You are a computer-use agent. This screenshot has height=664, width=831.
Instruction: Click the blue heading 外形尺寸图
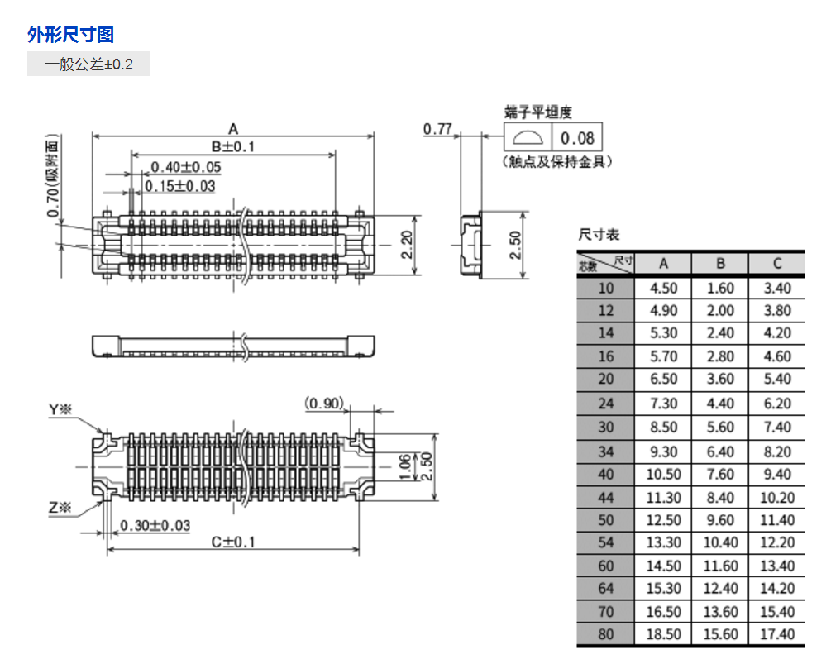[70, 34]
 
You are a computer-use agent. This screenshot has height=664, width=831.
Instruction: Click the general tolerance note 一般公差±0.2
[88, 64]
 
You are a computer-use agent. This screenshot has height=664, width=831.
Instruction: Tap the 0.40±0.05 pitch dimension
[186, 168]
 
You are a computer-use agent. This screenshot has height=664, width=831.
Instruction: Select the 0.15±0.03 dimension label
[180, 186]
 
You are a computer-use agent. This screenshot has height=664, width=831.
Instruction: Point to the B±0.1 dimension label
[233, 146]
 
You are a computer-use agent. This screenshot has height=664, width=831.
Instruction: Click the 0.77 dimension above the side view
[437, 128]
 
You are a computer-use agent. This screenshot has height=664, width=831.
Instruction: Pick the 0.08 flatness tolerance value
[577, 137]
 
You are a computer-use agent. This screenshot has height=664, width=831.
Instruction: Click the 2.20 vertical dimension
[407, 245]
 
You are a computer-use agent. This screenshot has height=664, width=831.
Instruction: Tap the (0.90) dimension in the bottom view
[324, 403]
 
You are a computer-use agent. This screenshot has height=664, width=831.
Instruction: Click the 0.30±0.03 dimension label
[155, 526]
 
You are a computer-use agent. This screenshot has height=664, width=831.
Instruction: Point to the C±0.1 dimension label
[233, 542]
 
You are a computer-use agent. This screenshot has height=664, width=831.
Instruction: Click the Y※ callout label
[60, 409]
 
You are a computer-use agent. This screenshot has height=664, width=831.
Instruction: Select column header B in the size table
[720, 264]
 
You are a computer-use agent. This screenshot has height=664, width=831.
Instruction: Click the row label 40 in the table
[606, 475]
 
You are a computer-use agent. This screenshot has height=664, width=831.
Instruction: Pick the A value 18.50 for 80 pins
[664, 634]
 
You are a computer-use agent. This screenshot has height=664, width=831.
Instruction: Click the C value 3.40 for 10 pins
[777, 288]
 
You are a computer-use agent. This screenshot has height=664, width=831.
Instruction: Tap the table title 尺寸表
[599, 236]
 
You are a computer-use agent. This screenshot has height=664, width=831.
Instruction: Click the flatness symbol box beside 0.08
[527, 137]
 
